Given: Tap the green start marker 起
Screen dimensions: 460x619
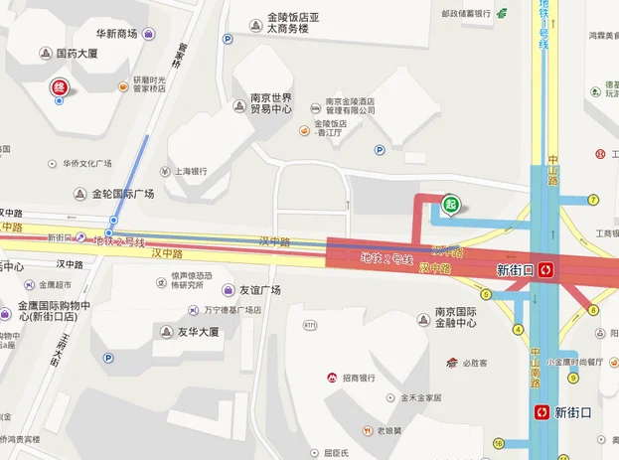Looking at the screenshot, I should pyautogui.click(x=451, y=204).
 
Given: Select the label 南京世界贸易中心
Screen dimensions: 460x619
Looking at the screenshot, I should pyautogui.click(x=270, y=103).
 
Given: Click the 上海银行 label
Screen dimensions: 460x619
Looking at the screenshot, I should pyautogui.click(x=193, y=170).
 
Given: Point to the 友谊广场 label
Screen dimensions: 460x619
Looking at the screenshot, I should pyautogui.click(x=259, y=290).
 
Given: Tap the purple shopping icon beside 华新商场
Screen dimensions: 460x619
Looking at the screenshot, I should pyautogui.click(x=148, y=34).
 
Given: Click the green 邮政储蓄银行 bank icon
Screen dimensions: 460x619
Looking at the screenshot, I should pyautogui.click(x=503, y=13).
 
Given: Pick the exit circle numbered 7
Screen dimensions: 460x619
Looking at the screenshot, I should pyautogui.click(x=593, y=200).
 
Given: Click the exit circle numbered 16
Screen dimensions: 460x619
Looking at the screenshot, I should pyautogui.click(x=498, y=443).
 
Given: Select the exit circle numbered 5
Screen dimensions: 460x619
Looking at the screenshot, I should pyautogui.click(x=486, y=294).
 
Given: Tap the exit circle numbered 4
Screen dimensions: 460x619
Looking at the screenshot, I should pyautogui.click(x=518, y=330).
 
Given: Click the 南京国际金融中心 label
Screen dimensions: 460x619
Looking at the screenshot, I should pyautogui.click(x=456, y=318).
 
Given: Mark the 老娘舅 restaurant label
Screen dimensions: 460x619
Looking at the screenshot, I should pyautogui.click(x=387, y=430).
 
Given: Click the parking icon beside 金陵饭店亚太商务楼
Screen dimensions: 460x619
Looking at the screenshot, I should pyautogui.click(x=228, y=40).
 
